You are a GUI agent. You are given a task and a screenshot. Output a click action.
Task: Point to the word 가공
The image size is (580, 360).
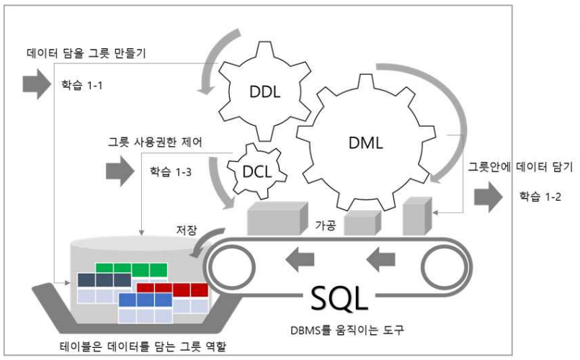point(326,225)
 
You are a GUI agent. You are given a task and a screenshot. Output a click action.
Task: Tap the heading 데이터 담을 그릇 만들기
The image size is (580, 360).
point(84,53)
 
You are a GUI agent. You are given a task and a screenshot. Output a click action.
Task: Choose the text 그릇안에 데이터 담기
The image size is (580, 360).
point(520,168)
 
